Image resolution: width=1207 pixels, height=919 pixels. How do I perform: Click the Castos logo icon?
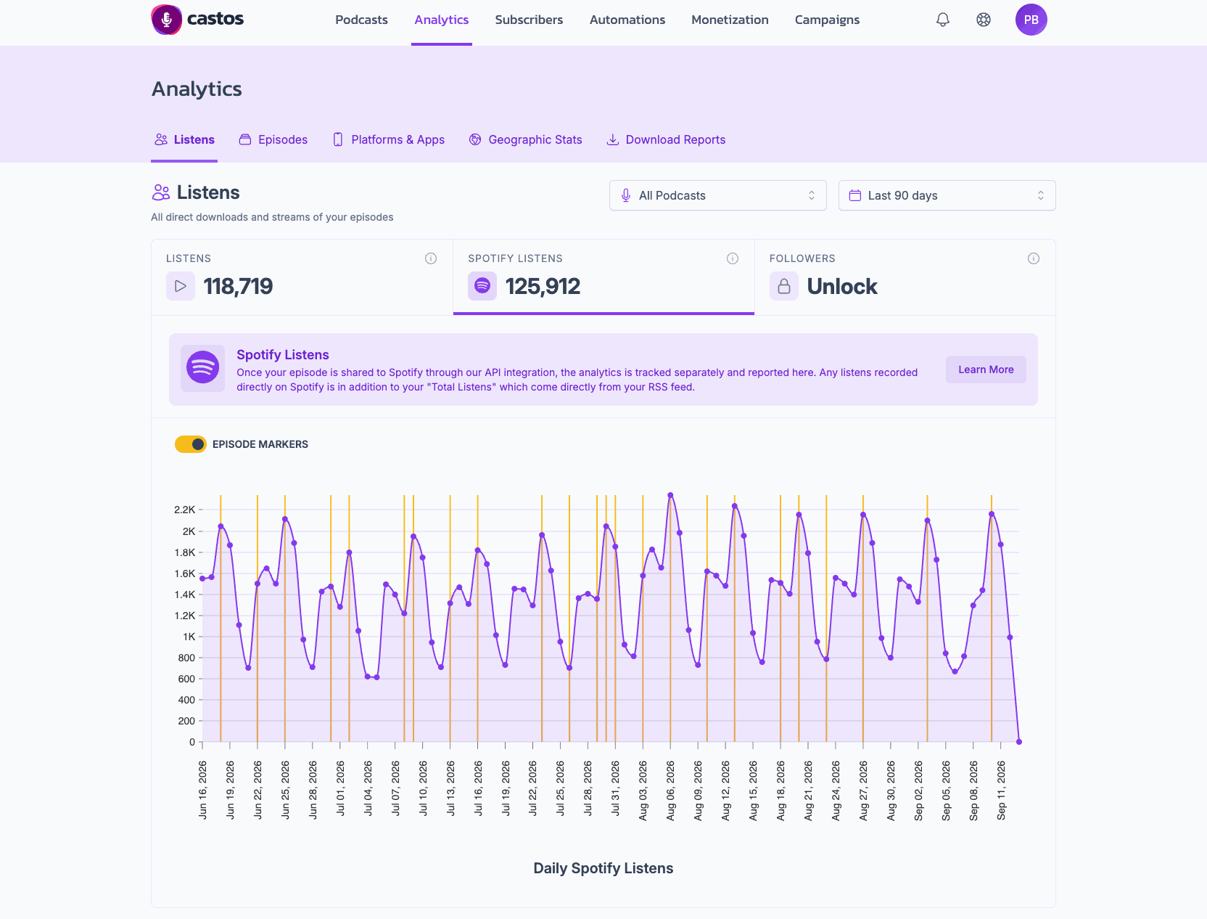(167, 20)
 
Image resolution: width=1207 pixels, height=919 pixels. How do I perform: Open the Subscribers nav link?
(529, 20)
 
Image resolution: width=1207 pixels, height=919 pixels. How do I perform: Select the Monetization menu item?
(730, 20)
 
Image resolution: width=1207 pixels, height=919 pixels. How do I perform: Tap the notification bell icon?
(942, 20)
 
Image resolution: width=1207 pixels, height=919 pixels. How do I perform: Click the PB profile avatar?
(1031, 20)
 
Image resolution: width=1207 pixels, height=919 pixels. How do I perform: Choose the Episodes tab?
(273, 140)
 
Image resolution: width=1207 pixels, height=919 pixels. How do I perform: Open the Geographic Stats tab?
(525, 140)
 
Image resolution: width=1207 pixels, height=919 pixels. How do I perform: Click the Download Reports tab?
(666, 140)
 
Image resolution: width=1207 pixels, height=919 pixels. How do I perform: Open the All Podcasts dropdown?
(717, 195)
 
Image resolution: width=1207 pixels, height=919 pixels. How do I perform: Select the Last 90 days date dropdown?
(947, 195)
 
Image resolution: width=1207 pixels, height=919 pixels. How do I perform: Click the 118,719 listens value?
(238, 286)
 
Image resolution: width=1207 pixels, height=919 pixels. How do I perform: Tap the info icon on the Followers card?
(1033, 258)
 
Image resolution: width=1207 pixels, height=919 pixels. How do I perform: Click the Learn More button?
(986, 369)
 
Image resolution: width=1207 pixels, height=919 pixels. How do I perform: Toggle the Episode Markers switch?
(190, 444)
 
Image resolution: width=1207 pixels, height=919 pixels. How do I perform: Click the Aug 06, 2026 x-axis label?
(670, 791)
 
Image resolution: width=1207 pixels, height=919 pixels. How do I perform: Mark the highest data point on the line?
(670, 495)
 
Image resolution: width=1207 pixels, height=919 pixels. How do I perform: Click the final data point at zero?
(1019, 742)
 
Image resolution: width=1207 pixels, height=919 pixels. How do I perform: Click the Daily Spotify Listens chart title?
(603, 867)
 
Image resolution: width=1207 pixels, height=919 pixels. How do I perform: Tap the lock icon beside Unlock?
(783, 286)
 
